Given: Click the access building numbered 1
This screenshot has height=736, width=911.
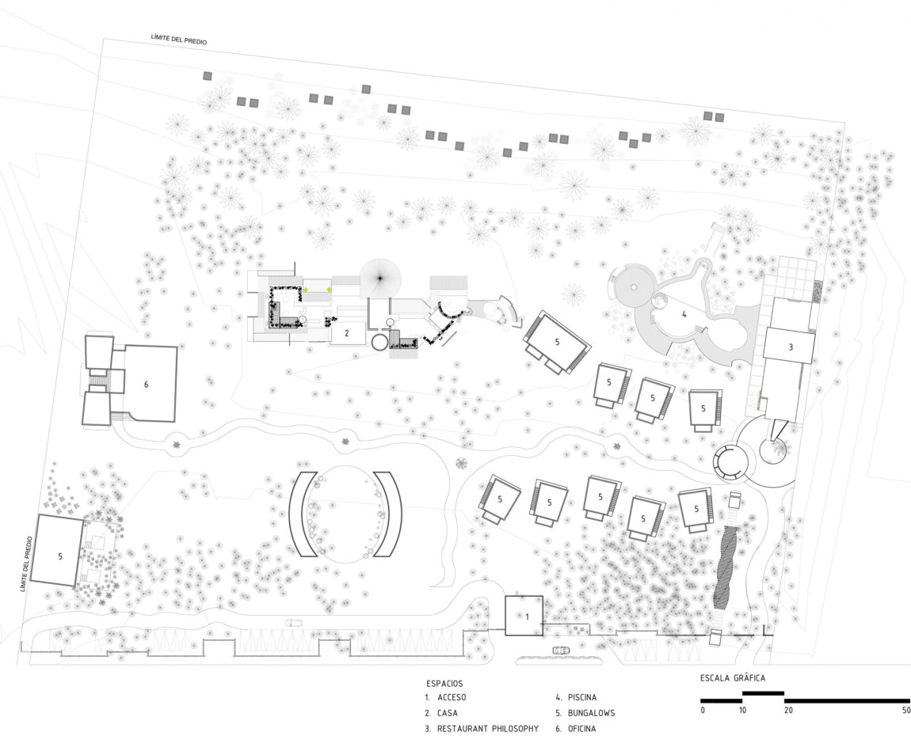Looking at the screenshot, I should [x=524, y=615].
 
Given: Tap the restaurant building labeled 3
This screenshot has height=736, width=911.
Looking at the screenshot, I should [x=789, y=347].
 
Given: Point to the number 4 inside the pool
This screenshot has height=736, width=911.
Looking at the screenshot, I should [x=683, y=314].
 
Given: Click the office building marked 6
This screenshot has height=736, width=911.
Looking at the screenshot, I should [x=147, y=384].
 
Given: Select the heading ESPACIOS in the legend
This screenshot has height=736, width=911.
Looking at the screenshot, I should [x=444, y=683].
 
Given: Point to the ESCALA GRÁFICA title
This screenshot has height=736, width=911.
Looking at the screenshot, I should [x=732, y=678].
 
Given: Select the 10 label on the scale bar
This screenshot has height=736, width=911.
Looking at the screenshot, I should [x=742, y=710].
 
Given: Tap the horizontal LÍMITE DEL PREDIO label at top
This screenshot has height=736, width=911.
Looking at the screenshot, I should [x=179, y=39].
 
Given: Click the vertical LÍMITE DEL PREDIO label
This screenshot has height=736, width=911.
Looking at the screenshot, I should [x=26, y=563].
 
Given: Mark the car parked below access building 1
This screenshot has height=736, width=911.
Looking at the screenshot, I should [x=560, y=651].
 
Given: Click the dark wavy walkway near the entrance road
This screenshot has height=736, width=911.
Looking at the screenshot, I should [x=725, y=565].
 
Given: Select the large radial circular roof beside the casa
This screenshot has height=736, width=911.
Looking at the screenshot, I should [x=380, y=277].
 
